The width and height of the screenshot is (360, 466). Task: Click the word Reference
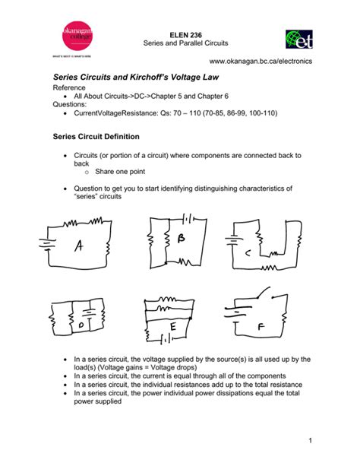click(71, 89)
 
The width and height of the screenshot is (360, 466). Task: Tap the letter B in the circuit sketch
click(181, 239)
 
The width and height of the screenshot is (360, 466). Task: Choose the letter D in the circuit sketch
click(81, 325)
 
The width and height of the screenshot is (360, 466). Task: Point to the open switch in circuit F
click(264, 295)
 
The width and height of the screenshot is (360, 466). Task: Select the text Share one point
click(120, 173)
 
